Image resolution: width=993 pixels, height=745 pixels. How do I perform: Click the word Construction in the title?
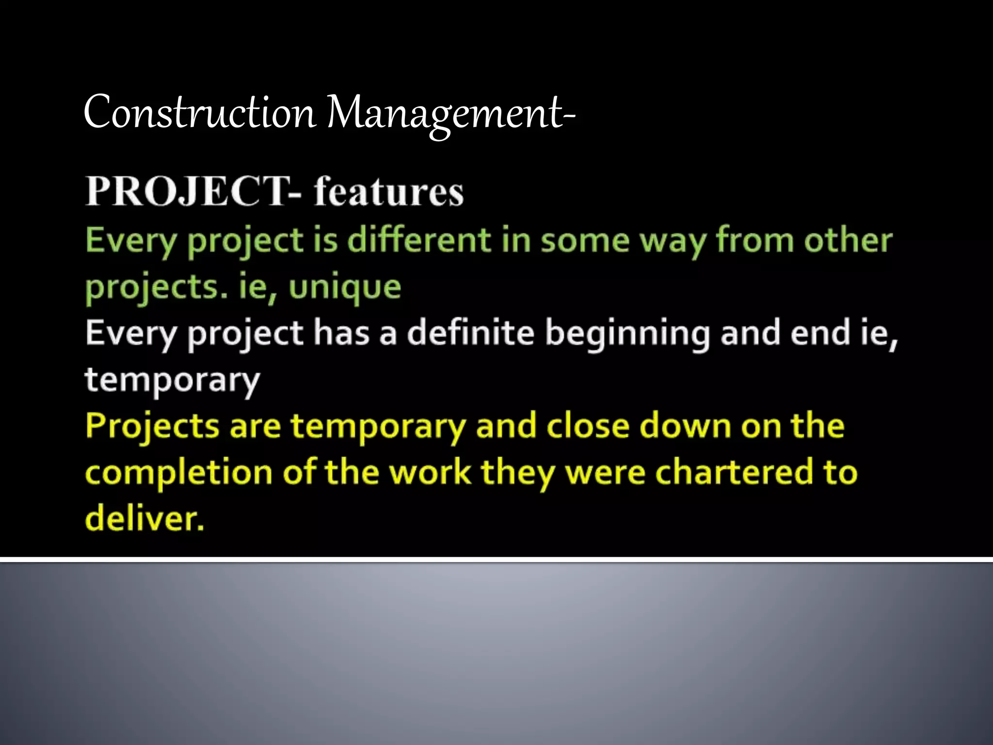[199, 113]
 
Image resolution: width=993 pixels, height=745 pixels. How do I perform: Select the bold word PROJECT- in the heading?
[193, 192]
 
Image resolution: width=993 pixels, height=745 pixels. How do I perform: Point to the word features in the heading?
[388, 192]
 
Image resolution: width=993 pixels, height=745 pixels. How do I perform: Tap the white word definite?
[470, 333]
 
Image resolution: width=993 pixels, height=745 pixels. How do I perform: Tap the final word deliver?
[144, 518]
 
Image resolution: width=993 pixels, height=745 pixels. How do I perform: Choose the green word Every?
[130, 241]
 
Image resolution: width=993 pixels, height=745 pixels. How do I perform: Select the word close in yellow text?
[588, 426]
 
